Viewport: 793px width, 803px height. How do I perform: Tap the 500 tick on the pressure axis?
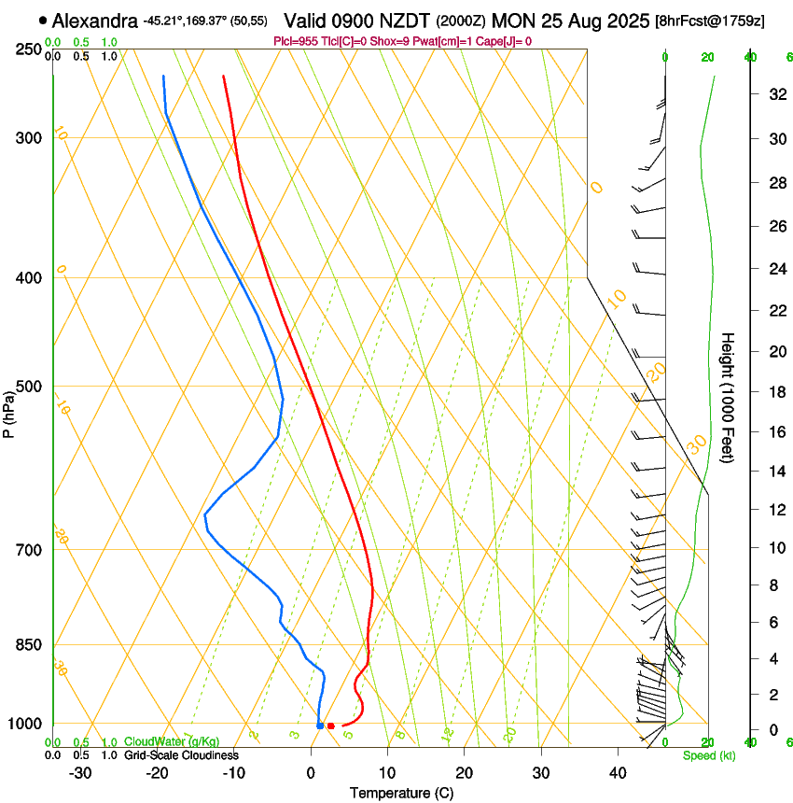tap(28, 387)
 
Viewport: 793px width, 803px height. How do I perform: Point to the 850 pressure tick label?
tap(28, 644)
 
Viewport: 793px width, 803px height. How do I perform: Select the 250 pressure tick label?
tap(28, 49)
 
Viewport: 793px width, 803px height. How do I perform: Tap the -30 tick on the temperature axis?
tap(80, 773)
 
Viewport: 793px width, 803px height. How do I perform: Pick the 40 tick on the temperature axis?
tap(617, 773)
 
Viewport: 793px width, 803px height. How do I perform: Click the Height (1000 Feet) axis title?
tap(729, 397)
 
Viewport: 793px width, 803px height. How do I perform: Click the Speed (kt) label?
tap(709, 755)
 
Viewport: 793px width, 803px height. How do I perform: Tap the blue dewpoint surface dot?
tap(320, 726)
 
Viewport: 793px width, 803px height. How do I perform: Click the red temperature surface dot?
tap(330, 726)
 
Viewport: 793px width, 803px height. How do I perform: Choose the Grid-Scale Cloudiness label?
tap(181, 754)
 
